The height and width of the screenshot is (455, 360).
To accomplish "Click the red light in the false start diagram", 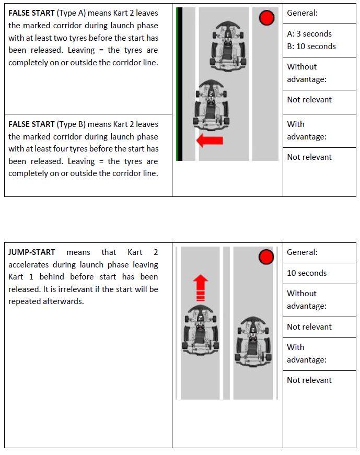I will pyautogui.click(x=266, y=18).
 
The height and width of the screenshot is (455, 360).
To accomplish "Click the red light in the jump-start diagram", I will pyautogui.click(x=266, y=257).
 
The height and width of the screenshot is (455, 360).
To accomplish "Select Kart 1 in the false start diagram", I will pyautogui.click(x=228, y=45).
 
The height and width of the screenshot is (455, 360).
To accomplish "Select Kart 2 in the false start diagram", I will pyautogui.click(x=210, y=103).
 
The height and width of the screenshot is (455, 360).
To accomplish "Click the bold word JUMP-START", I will pyautogui.click(x=31, y=252).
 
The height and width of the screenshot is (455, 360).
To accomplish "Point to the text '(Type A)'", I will pyautogui.click(x=72, y=13).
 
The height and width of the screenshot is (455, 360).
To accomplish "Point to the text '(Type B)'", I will pyautogui.click(x=72, y=124).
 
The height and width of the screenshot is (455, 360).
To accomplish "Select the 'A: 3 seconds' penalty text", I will pyautogui.click(x=309, y=34).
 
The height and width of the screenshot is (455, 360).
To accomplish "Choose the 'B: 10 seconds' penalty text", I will pyautogui.click(x=311, y=46).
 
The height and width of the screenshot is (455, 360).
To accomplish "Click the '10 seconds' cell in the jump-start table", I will pyautogui.click(x=307, y=273).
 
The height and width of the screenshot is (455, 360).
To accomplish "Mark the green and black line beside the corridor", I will pyautogui.click(x=179, y=84).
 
